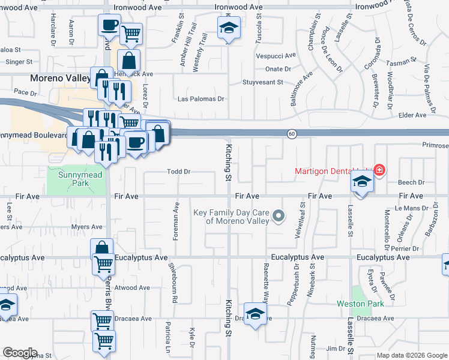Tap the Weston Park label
[369, 304]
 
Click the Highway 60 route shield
[291, 133]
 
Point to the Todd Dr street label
[178, 172]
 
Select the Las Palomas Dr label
[200, 99]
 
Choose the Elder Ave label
[429, 115]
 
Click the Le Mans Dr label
[411, 208]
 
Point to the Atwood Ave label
[131, 287]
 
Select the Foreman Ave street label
[176, 221]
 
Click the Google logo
[19, 353]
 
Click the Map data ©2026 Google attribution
[411, 355]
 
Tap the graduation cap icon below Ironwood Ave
[228, 28]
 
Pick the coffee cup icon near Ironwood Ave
[109, 25]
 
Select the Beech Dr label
[411, 182]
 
